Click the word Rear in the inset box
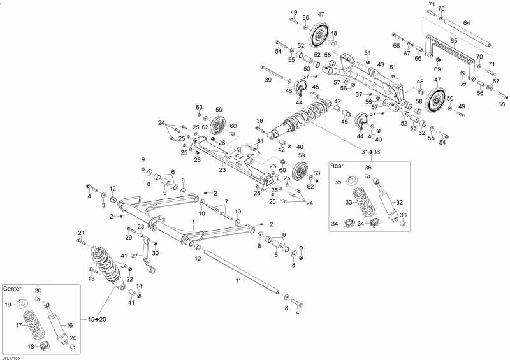tap(337, 166)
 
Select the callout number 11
tap(238, 280)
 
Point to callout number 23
tap(222, 169)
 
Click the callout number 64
tap(467, 24)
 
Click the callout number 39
tap(268, 80)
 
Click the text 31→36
tap(370, 152)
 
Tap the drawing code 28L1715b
tap(10, 356)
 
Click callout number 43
tap(380, 65)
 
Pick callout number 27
tap(135, 256)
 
